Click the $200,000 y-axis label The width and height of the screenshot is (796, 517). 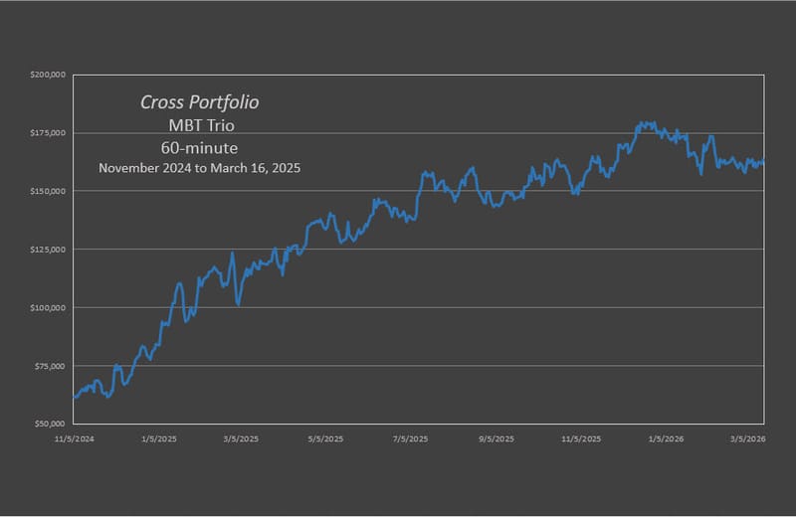(49, 75)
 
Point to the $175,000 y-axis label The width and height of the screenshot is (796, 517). (49, 132)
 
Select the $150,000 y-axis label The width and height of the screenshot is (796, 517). (49, 191)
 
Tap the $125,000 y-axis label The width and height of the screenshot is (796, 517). (49, 249)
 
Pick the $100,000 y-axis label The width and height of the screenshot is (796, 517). (49, 307)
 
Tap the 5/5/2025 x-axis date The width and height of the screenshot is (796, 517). (325, 437)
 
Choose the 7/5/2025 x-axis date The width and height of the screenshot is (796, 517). (411, 437)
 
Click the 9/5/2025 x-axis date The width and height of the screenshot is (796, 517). (497, 437)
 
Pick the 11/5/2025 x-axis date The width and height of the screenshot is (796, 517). (582, 437)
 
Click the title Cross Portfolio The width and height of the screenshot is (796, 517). (200, 102)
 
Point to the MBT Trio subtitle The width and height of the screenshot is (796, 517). (200, 125)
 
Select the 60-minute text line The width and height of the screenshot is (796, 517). (200, 147)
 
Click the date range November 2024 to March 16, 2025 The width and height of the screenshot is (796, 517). (200, 169)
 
